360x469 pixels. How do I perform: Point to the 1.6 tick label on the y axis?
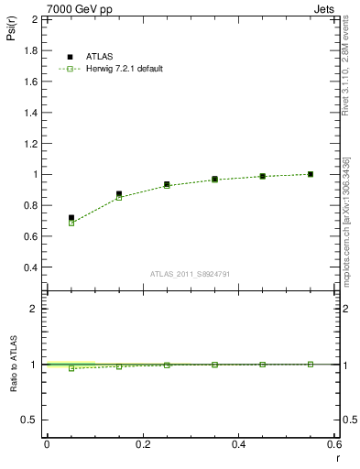click(x=30, y=81)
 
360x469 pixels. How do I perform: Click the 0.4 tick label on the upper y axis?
click(x=30, y=267)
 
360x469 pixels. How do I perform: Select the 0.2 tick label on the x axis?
click(x=142, y=444)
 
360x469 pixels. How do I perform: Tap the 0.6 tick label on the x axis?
click(x=334, y=444)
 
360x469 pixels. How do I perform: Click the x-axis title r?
click(x=336, y=457)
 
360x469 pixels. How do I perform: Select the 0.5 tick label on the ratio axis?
click(x=30, y=420)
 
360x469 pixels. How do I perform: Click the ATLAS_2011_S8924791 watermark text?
click(x=191, y=272)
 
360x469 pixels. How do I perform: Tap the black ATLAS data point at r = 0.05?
click(x=71, y=218)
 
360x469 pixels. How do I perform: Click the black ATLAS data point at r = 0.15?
click(x=119, y=194)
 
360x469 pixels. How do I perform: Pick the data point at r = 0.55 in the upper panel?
click(x=311, y=174)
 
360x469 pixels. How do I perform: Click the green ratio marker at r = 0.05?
click(x=71, y=368)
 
